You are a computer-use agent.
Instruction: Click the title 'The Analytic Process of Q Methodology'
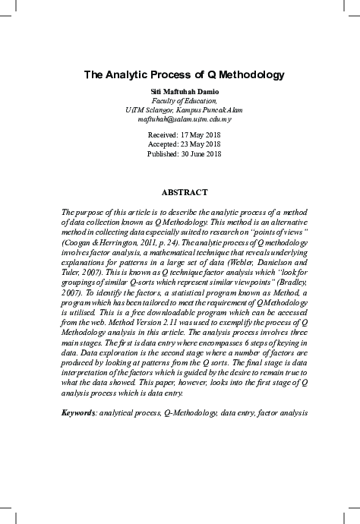coord(183,75)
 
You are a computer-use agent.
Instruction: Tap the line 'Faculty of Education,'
coord(184,100)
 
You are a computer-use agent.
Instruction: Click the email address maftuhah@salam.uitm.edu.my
coord(184,119)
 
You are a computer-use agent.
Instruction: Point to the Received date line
coord(184,134)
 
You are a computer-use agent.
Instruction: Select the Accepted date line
coord(184,144)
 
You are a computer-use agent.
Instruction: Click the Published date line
coord(184,153)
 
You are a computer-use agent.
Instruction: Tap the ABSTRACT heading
coord(184,193)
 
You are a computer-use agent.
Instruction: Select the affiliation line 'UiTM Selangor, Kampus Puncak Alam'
coord(184,110)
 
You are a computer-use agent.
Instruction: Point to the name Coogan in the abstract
coord(78,235)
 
